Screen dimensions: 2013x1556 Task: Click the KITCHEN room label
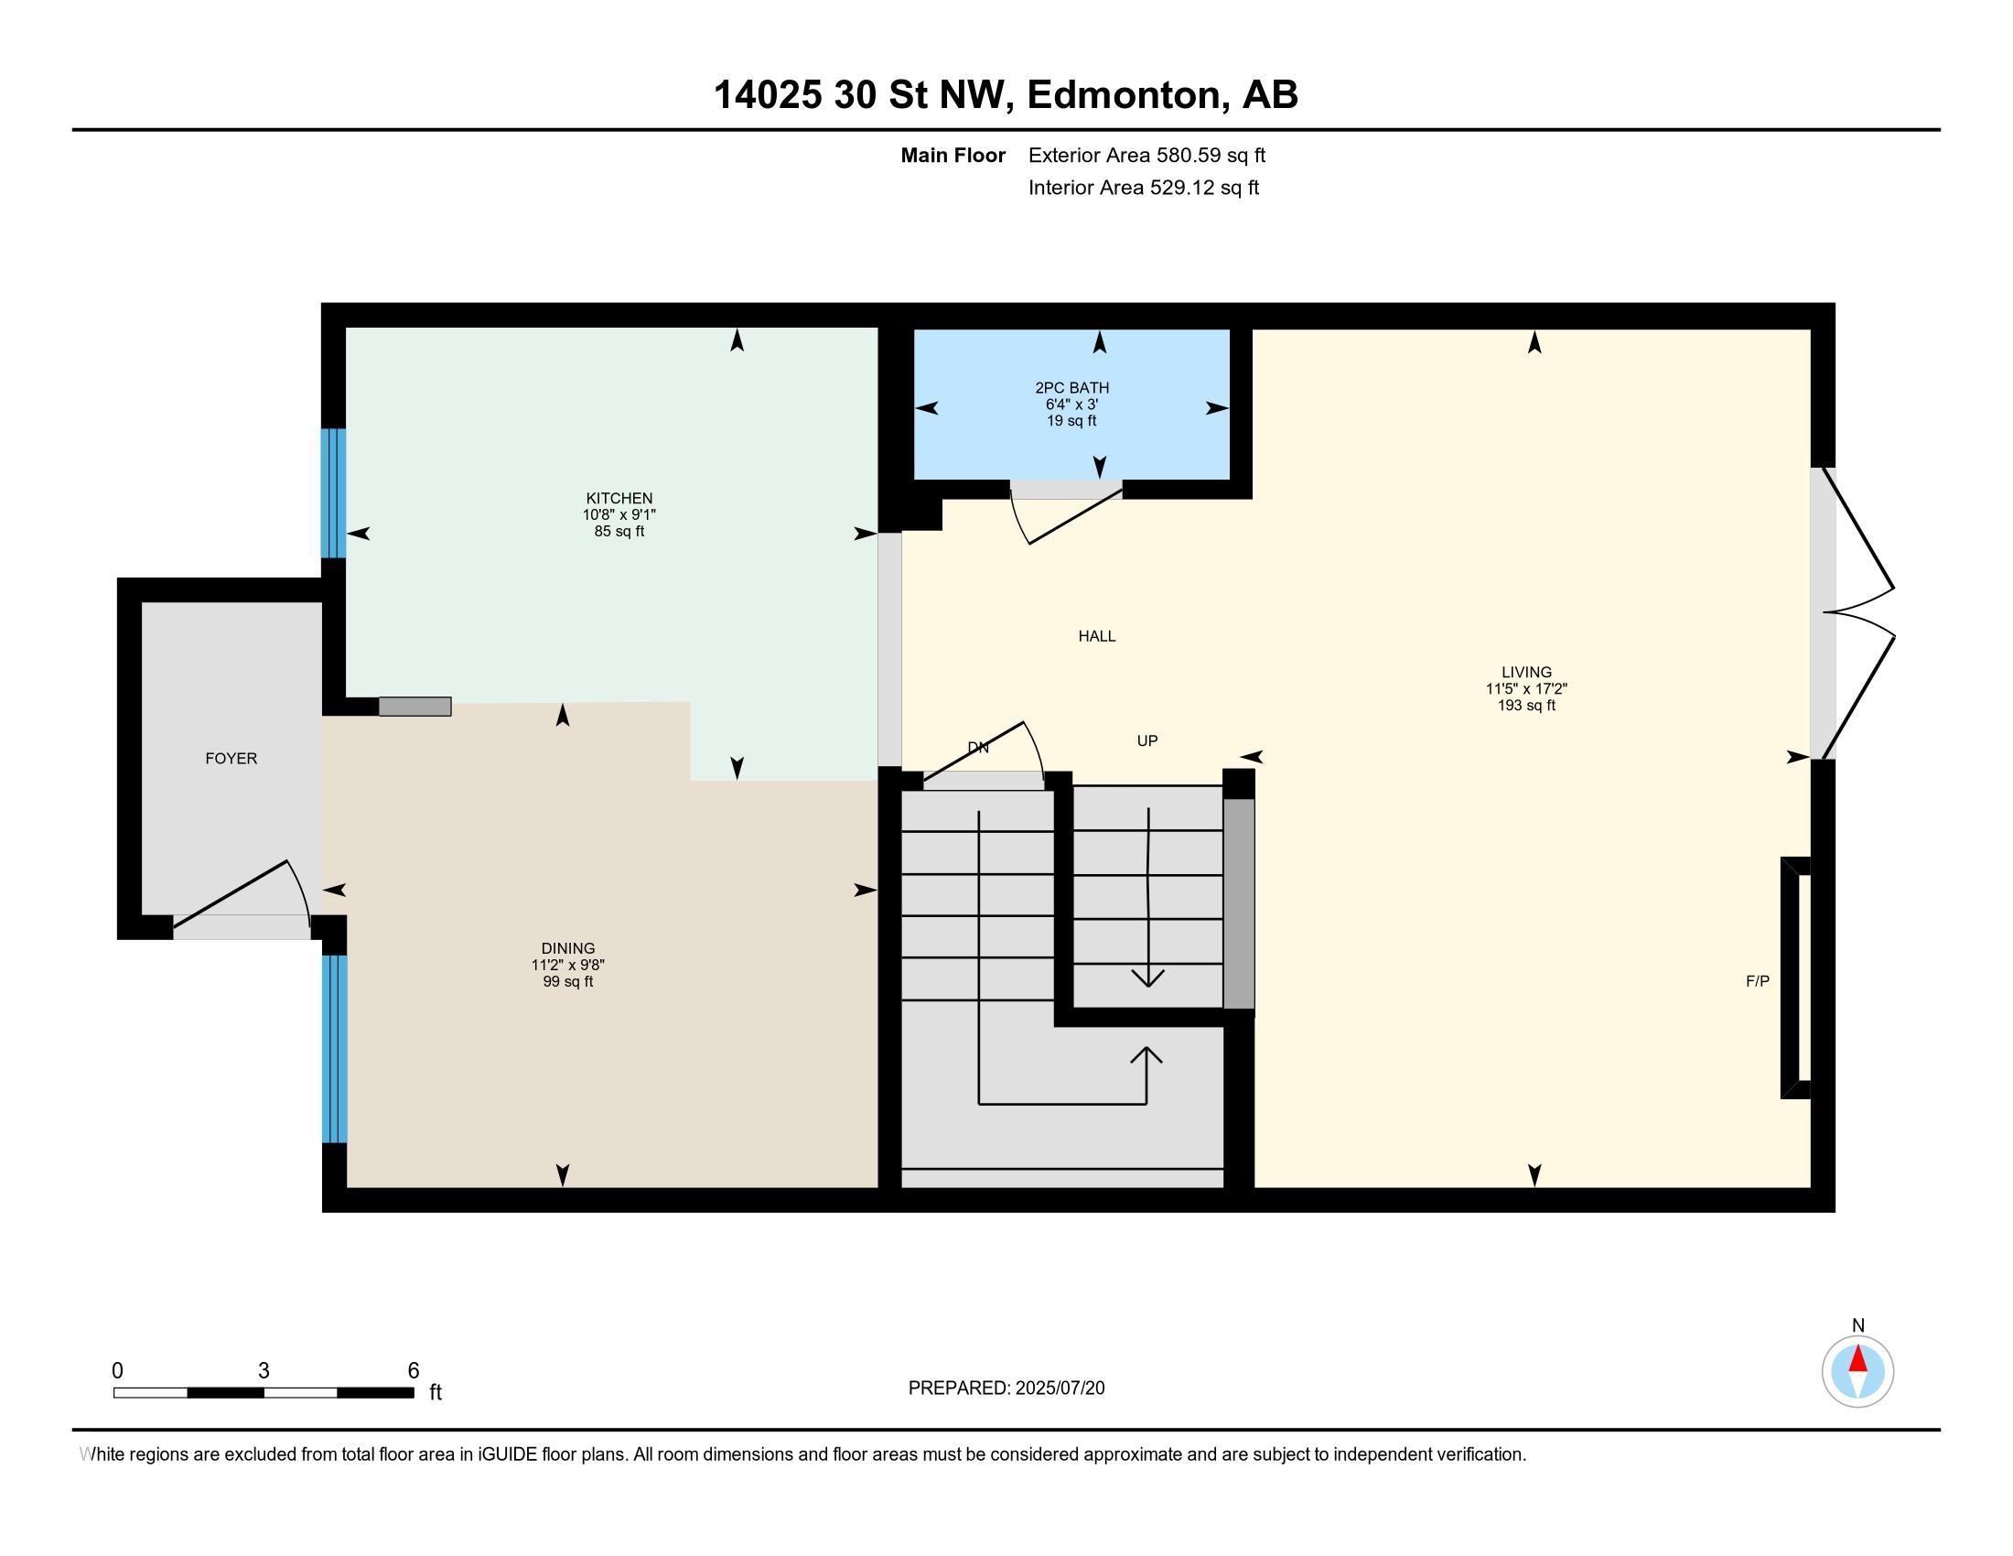click(x=619, y=499)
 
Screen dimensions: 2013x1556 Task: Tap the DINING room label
click(x=568, y=948)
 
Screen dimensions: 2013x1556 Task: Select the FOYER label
click(x=231, y=759)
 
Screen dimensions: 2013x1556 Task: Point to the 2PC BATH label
click(x=1072, y=388)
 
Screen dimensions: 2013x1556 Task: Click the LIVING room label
click(x=1526, y=673)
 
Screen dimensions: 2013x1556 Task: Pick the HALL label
click(x=1097, y=636)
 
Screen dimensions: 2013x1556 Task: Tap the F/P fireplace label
click(x=1758, y=982)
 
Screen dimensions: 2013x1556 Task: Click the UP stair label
click(x=1147, y=741)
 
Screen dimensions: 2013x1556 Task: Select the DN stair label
click(x=978, y=748)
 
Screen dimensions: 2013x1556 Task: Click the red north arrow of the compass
click(x=1858, y=1360)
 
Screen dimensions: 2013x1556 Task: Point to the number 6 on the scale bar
click(x=414, y=1371)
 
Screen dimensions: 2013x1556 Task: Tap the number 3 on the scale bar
click(x=264, y=1371)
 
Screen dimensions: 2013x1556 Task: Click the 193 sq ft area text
click(x=1526, y=706)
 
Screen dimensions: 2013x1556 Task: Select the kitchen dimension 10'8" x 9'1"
click(x=619, y=515)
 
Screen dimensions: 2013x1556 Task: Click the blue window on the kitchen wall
click(x=334, y=493)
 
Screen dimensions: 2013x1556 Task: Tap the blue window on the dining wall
click(x=334, y=1049)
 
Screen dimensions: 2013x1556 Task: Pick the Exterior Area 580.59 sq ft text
click(x=1146, y=156)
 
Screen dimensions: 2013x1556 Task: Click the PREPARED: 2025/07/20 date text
click(x=1006, y=1389)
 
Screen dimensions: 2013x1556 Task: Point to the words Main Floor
click(x=953, y=156)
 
